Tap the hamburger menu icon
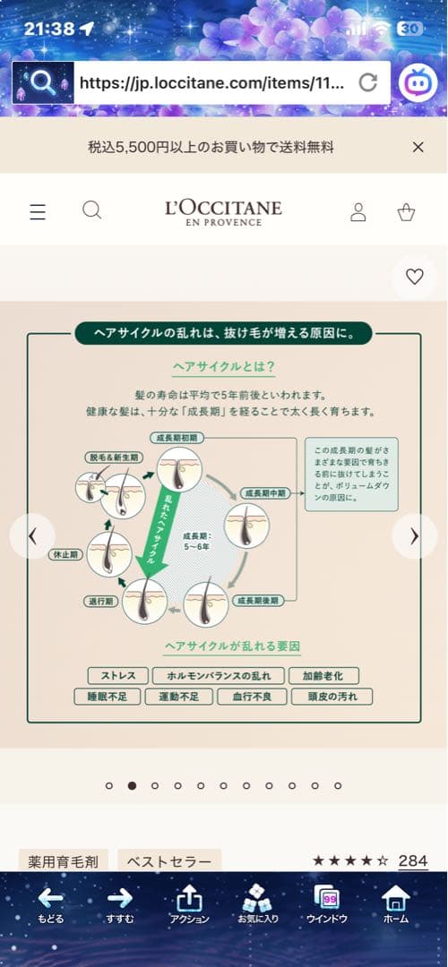tap(38, 212)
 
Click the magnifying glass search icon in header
tap(91, 210)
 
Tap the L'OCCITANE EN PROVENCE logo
tap(224, 212)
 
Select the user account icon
tap(358, 212)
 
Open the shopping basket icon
tap(406, 212)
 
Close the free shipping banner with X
tap(418, 147)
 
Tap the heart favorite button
tap(414, 277)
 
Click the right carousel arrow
tap(414, 536)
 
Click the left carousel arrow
tap(32, 536)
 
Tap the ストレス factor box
tap(117, 675)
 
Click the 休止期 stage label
tap(65, 555)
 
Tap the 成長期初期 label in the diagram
tap(179, 438)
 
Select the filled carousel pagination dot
tap(132, 785)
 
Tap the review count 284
tap(412, 860)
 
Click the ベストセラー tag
tap(169, 861)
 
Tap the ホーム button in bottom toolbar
tap(395, 904)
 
